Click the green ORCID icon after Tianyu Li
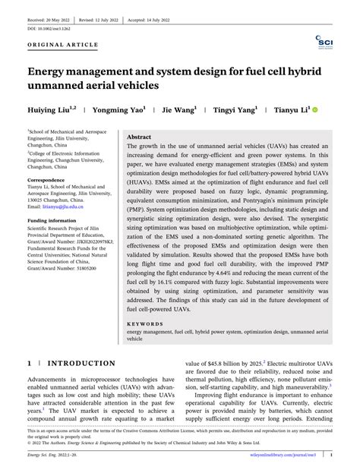pos(316,110)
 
